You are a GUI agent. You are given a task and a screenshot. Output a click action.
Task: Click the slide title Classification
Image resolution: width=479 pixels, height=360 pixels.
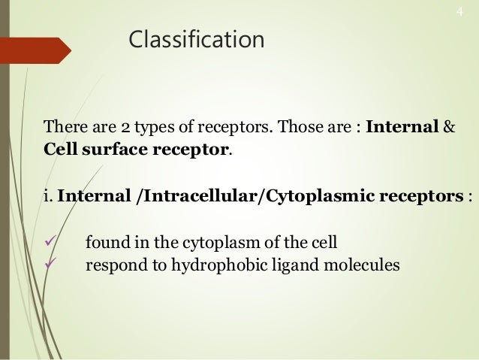pyautogui.click(x=197, y=39)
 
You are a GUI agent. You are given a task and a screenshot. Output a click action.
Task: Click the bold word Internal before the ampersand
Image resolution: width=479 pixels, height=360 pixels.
pyautogui.click(x=402, y=125)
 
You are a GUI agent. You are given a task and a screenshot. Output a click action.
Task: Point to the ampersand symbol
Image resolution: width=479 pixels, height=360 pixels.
pyautogui.click(x=449, y=125)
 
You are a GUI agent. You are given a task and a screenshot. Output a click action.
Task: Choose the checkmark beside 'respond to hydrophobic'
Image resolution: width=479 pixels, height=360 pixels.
pyautogui.click(x=51, y=265)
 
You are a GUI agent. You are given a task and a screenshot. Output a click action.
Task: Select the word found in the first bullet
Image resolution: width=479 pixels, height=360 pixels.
pyautogui.click(x=104, y=244)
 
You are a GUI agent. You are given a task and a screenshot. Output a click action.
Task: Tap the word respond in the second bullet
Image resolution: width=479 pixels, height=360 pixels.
pyautogui.click(x=113, y=265)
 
